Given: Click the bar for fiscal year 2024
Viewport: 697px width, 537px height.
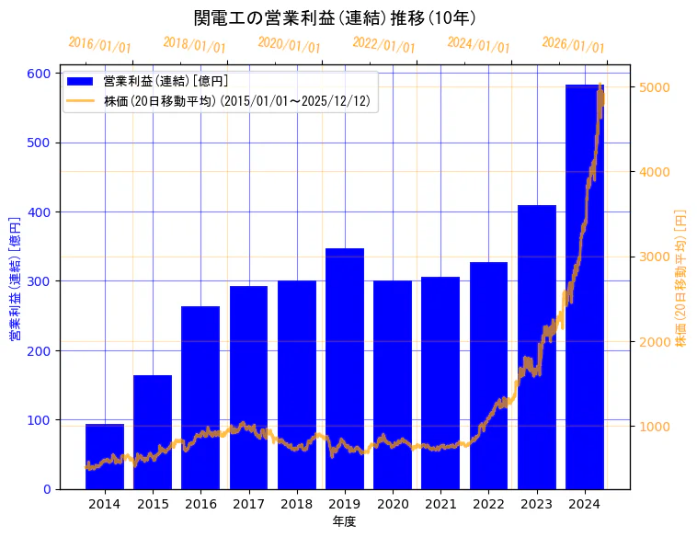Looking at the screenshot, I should [584, 286].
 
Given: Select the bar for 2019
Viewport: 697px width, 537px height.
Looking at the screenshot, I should [345, 368].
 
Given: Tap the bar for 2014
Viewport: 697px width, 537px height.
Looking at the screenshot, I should [105, 456].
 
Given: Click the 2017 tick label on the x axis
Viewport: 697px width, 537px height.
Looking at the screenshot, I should [248, 504].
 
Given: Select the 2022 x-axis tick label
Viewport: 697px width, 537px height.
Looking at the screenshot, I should [488, 504].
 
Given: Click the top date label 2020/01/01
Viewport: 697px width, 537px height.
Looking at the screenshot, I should [289, 45].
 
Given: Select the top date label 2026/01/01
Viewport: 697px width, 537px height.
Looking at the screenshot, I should [573, 45].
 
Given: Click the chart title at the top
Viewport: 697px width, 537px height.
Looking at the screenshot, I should [335, 17].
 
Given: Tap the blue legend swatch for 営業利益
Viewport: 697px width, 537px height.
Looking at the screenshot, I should [81, 82].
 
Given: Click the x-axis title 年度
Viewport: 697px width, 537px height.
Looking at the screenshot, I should [344, 521].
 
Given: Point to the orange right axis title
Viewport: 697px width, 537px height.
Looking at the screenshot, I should [681, 277].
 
